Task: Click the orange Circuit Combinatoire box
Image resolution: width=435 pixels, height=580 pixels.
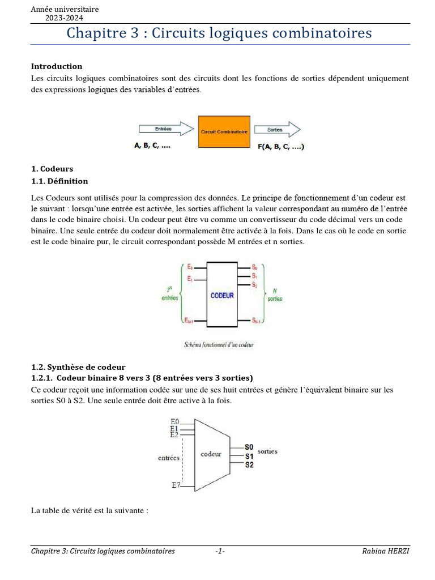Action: pyautogui.click(x=224, y=131)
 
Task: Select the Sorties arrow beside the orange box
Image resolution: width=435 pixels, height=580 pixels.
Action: pyautogui.click(x=276, y=129)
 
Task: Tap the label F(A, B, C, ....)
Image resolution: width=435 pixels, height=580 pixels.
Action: pyautogui.click(x=281, y=147)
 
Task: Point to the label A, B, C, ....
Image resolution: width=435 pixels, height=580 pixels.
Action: pyautogui.click(x=152, y=146)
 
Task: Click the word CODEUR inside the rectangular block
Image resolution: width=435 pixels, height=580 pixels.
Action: pyautogui.click(x=222, y=295)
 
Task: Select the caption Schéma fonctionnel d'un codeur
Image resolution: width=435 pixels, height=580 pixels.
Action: pyautogui.click(x=219, y=344)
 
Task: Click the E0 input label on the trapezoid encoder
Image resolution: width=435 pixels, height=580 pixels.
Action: pyautogui.click(x=174, y=421)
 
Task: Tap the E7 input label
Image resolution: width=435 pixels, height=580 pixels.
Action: pyautogui.click(x=176, y=485)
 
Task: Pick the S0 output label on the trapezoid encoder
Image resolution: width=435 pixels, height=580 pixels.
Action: pyautogui.click(x=249, y=447)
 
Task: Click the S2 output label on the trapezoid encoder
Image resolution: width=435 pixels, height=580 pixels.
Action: pyautogui.click(x=249, y=465)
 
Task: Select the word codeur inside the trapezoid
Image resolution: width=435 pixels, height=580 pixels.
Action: pyautogui.click(x=211, y=454)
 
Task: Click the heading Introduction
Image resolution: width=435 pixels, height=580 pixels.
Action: pyautogui.click(x=56, y=66)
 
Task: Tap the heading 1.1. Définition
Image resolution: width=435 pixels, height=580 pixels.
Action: pyautogui.click(x=59, y=181)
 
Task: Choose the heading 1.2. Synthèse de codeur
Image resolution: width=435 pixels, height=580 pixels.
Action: pyautogui.click(x=78, y=367)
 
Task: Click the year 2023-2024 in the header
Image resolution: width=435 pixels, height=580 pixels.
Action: pyautogui.click(x=64, y=18)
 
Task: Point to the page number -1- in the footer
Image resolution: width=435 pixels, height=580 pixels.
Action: pyautogui.click(x=220, y=551)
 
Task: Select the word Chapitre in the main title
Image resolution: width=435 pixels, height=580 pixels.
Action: pyautogui.click(x=89, y=33)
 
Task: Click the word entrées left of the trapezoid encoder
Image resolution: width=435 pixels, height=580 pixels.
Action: pyautogui.click(x=168, y=458)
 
